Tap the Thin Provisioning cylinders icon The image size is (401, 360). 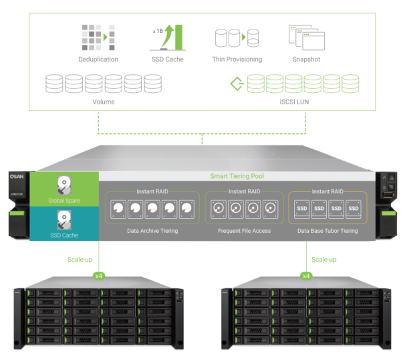click(237, 37)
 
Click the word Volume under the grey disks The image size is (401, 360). click(103, 102)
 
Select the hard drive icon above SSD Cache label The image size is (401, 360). click(64, 219)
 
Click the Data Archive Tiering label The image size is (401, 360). click(152, 231)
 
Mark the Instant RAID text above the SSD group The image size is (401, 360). click(327, 191)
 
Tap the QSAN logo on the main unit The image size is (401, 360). click(14, 179)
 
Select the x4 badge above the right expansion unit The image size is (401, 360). click(306, 275)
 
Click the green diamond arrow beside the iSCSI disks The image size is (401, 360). click(235, 84)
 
